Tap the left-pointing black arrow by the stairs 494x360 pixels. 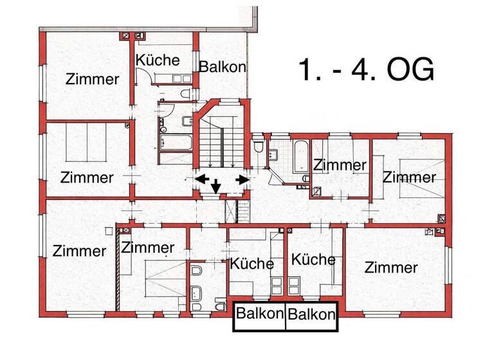[202, 178]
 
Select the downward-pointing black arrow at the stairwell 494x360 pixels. [216, 186]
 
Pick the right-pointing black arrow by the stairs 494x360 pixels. [242, 179]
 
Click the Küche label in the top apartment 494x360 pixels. [158, 60]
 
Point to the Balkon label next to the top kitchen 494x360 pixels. [223, 67]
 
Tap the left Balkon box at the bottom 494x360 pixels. [259, 314]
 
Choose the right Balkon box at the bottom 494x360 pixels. [311, 314]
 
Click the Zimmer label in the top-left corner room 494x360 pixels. [93, 80]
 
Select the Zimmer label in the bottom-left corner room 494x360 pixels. [80, 251]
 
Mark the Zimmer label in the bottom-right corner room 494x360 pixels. [391, 267]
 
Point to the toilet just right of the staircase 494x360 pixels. [259, 148]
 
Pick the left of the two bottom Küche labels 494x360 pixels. [252, 264]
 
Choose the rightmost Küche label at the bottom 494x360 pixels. [313, 260]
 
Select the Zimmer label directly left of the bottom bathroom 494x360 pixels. [147, 248]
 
